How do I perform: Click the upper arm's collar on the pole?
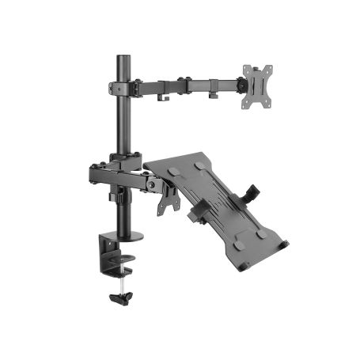(x=123, y=87)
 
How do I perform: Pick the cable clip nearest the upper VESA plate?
(x=214, y=96)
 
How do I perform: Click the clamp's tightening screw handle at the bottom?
(x=121, y=299)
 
